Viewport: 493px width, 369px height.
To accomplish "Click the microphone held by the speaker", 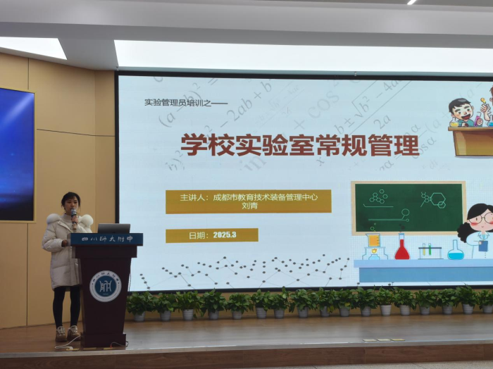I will point(73,213).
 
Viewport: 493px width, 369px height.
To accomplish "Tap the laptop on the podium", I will point(113,228).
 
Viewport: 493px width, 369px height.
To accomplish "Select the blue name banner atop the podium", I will point(106,239).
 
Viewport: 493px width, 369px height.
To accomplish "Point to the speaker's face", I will point(71,203).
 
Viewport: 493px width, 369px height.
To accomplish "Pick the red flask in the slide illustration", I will point(402,248).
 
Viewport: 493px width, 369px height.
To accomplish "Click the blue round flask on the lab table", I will point(456,250).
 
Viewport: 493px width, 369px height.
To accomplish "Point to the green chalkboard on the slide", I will point(408,207).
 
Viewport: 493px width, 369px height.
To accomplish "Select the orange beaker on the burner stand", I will point(373,240).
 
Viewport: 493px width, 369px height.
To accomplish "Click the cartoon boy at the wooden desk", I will point(461,113).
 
